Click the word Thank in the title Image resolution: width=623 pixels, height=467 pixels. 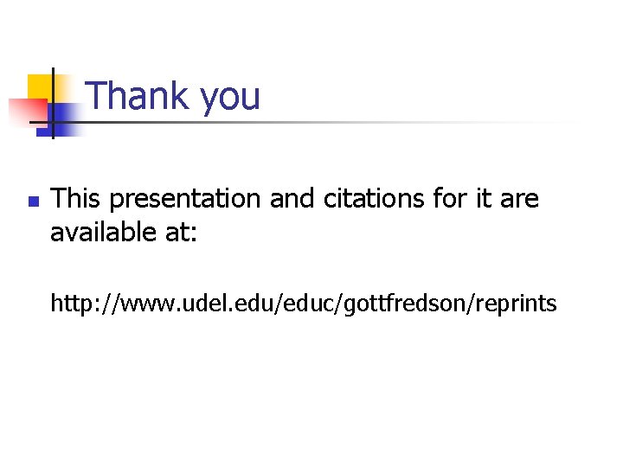[139, 96]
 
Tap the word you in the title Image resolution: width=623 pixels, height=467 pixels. [229, 98]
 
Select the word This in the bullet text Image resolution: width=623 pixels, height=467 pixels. [76, 199]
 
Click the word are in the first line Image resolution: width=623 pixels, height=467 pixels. [519, 200]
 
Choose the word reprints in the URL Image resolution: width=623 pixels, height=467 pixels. [515, 304]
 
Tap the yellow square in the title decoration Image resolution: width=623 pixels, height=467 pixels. [40, 86]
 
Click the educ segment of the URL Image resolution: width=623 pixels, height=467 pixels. [313, 304]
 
